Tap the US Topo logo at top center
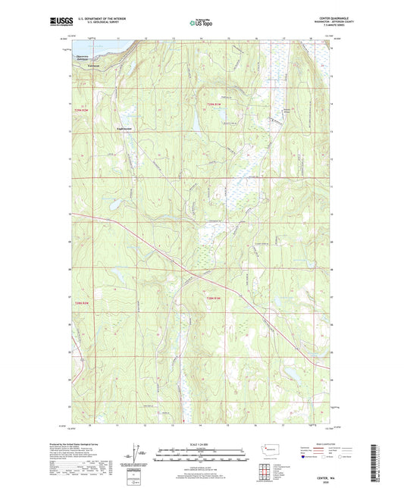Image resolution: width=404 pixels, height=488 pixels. pyautogui.click(x=201, y=23)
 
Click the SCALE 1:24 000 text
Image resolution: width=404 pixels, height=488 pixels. pyautogui.click(x=201, y=444)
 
